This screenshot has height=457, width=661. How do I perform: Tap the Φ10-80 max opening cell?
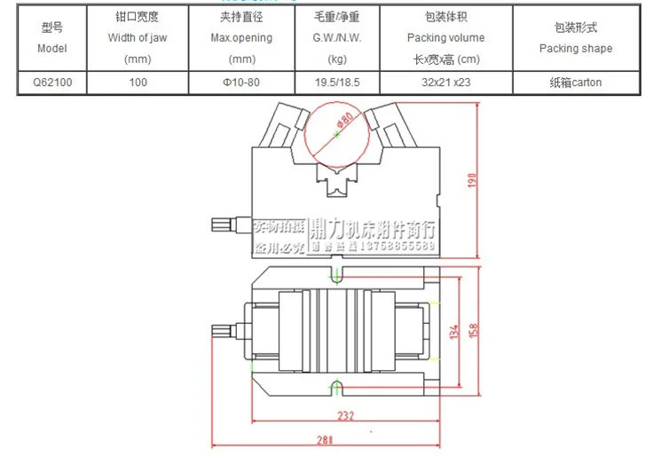[x=241, y=83]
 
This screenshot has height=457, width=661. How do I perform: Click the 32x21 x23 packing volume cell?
[x=445, y=83]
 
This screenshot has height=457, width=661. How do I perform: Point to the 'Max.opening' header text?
[x=241, y=38]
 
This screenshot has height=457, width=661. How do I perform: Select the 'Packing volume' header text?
[x=445, y=38]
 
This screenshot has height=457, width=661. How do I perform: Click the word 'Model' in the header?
[x=52, y=49]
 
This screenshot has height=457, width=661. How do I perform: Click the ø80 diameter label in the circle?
[x=345, y=121]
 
